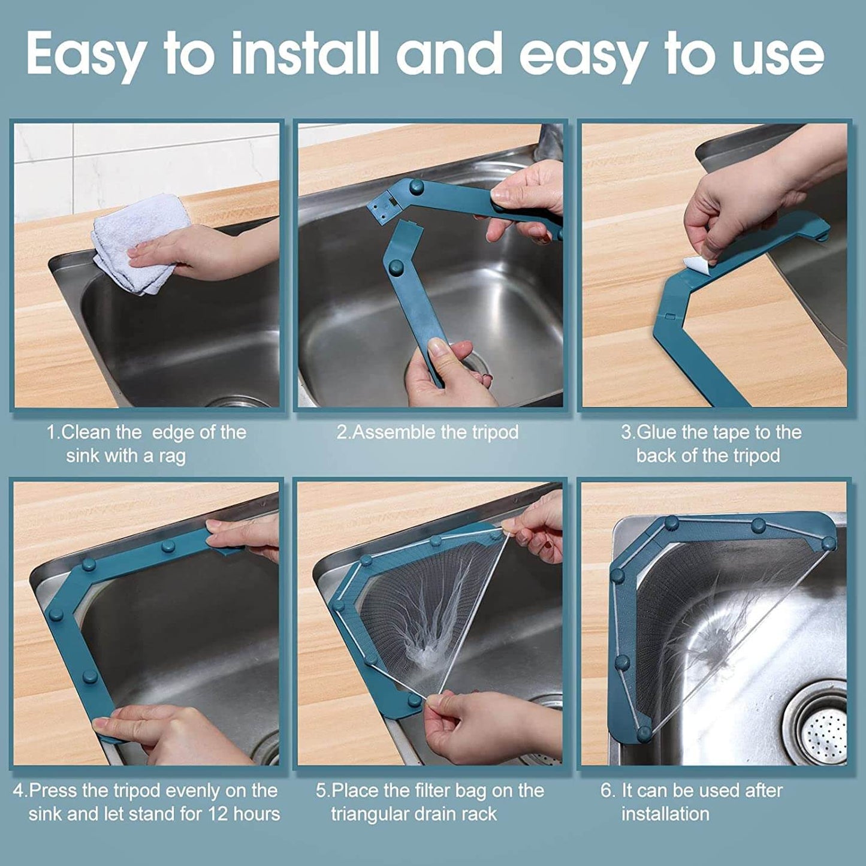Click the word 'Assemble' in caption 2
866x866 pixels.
[394, 432]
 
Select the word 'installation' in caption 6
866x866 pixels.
[665, 814]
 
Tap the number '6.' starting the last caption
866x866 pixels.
[608, 790]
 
